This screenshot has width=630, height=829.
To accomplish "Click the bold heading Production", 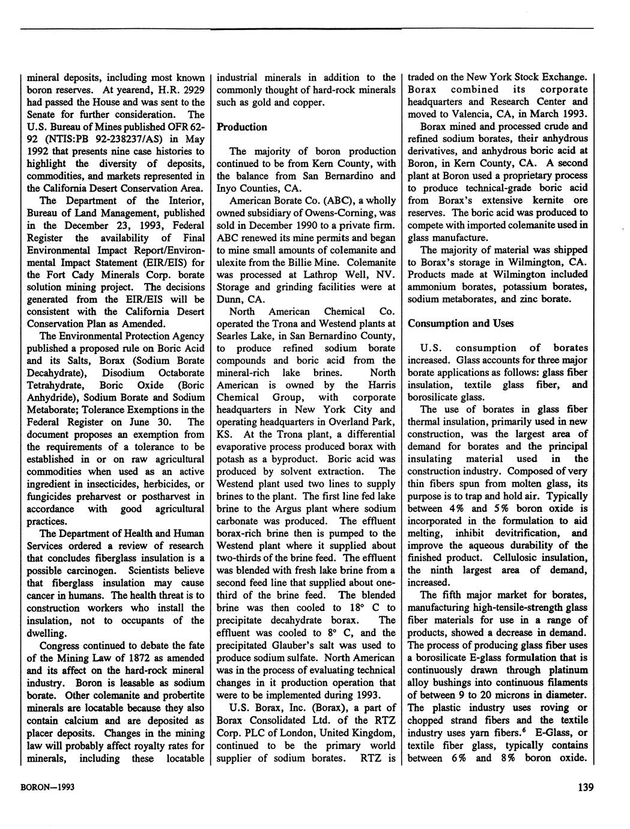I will click(242, 127).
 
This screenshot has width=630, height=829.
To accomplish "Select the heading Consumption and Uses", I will click(461, 323).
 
